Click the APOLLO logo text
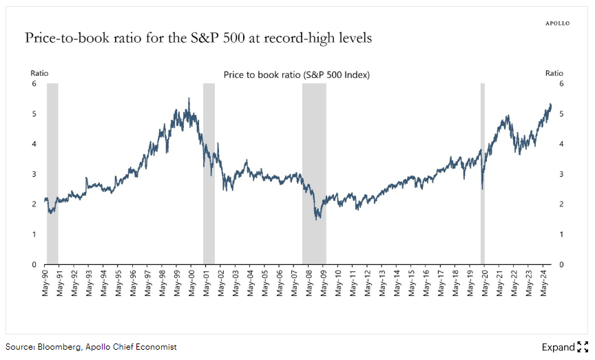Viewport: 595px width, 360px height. coord(557,23)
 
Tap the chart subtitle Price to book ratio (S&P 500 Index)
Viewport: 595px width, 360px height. coord(297,75)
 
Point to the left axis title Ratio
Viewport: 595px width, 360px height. coord(39,73)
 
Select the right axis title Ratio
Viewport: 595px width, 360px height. coord(554,73)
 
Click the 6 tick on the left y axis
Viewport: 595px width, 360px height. coord(33,83)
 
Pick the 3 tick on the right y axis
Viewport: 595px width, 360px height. coord(561,174)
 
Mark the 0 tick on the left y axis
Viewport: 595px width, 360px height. coord(33,264)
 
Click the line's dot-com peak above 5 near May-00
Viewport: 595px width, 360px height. coord(189,98)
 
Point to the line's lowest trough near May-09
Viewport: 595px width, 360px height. coord(317,219)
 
